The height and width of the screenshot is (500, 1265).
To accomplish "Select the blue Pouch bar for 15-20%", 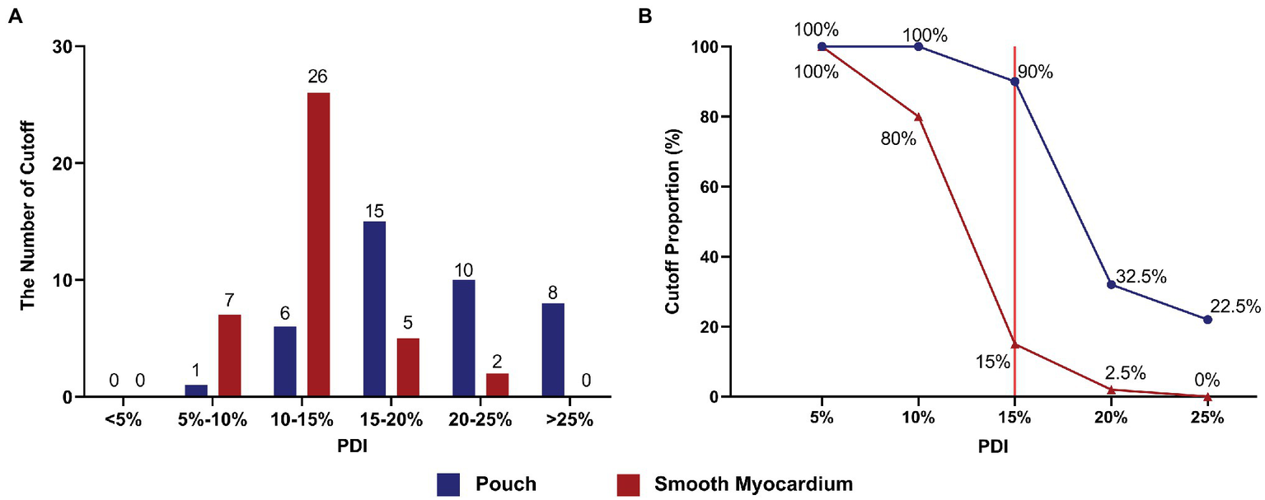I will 374,309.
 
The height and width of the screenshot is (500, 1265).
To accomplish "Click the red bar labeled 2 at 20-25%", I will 497,385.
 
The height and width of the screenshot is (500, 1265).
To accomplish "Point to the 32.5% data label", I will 1141,277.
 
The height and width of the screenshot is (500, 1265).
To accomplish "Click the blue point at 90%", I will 1014,82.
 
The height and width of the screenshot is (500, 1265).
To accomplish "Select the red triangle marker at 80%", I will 918,117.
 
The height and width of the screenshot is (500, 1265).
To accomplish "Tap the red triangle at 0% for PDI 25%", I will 1207,396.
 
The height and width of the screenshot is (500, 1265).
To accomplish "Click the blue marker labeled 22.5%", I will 1207,319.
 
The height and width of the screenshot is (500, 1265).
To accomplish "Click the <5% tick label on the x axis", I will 123,419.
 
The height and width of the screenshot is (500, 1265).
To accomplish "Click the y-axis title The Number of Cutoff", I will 27,222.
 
